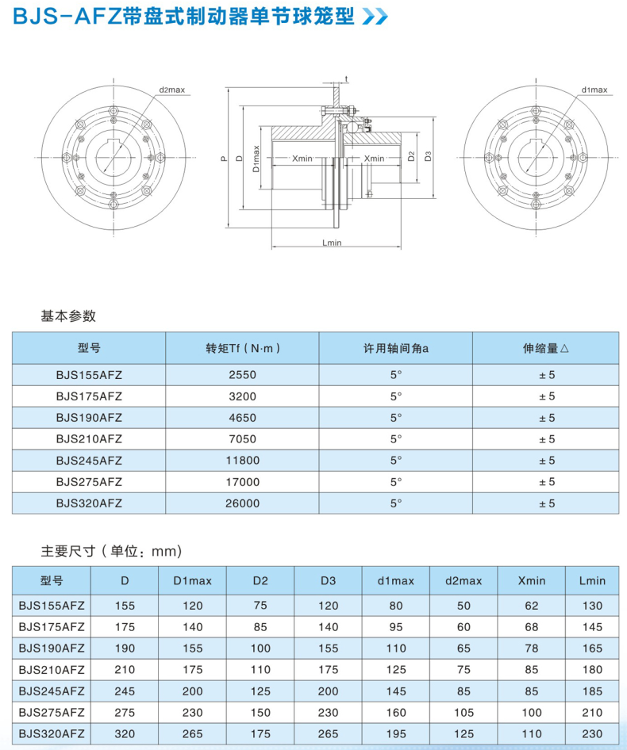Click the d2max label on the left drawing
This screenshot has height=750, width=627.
pyautogui.click(x=171, y=90)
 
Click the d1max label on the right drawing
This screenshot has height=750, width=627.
pyautogui.click(x=594, y=90)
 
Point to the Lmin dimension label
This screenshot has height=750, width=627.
pyautogui.click(x=333, y=243)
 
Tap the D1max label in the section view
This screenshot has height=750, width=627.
pyautogui.click(x=257, y=159)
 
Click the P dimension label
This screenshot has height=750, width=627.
pyautogui.click(x=225, y=159)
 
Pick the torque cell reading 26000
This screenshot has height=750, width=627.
pyautogui.click(x=242, y=503)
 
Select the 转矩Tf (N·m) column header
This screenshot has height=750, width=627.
pyautogui.click(x=242, y=348)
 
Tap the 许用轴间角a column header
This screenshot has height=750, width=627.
pyautogui.click(x=396, y=348)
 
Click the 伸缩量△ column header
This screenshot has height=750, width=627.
pyautogui.click(x=545, y=348)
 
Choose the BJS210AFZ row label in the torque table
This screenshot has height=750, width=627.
pyautogui.click(x=89, y=438)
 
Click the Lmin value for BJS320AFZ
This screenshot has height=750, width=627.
pyautogui.click(x=592, y=734)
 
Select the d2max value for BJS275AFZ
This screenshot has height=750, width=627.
pyautogui.click(x=464, y=713)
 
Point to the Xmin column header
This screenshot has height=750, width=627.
pyautogui.click(x=532, y=580)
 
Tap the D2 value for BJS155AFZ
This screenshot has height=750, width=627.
pyautogui.click(x=260, y=606)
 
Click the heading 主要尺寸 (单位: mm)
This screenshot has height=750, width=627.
pyautogui.click(x=111, y=550)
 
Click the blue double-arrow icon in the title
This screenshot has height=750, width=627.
pyautogui.click(x=375, y=17)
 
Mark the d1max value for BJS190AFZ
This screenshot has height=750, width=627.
pyautogui.click(x=396, y=649)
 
